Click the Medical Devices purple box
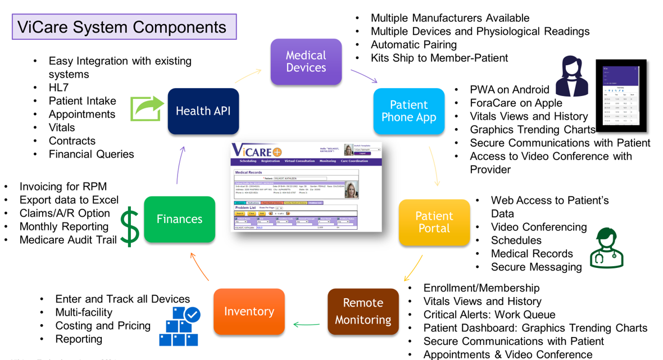point(306,62)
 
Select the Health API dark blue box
point(203,111)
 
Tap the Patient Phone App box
point(408,111)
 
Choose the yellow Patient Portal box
point(434,222)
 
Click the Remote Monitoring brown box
point(363,311)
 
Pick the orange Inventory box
point(249,311)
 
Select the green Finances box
point(179,219)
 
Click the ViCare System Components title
point(124,27)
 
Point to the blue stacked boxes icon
point(179,326)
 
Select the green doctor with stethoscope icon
point(606,247)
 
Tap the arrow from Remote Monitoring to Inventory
point(306,324)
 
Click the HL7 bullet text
point(58,88)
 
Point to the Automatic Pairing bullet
point(414,44)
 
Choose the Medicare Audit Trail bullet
point(68,240)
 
